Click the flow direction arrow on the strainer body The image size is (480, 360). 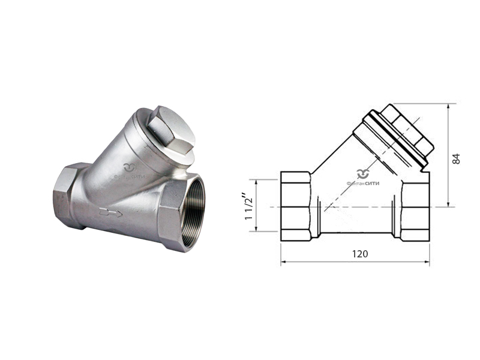111,212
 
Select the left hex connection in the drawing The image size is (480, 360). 296,206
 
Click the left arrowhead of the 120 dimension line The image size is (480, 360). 284,262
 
